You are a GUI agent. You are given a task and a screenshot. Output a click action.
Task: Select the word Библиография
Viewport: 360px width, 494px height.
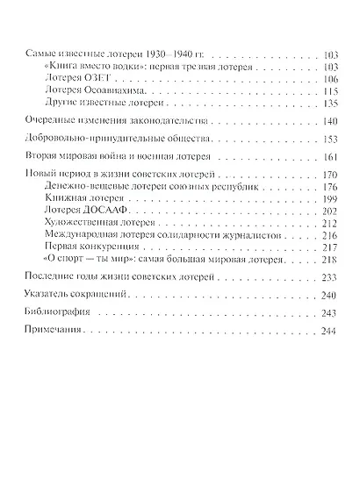coord(59,314)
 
